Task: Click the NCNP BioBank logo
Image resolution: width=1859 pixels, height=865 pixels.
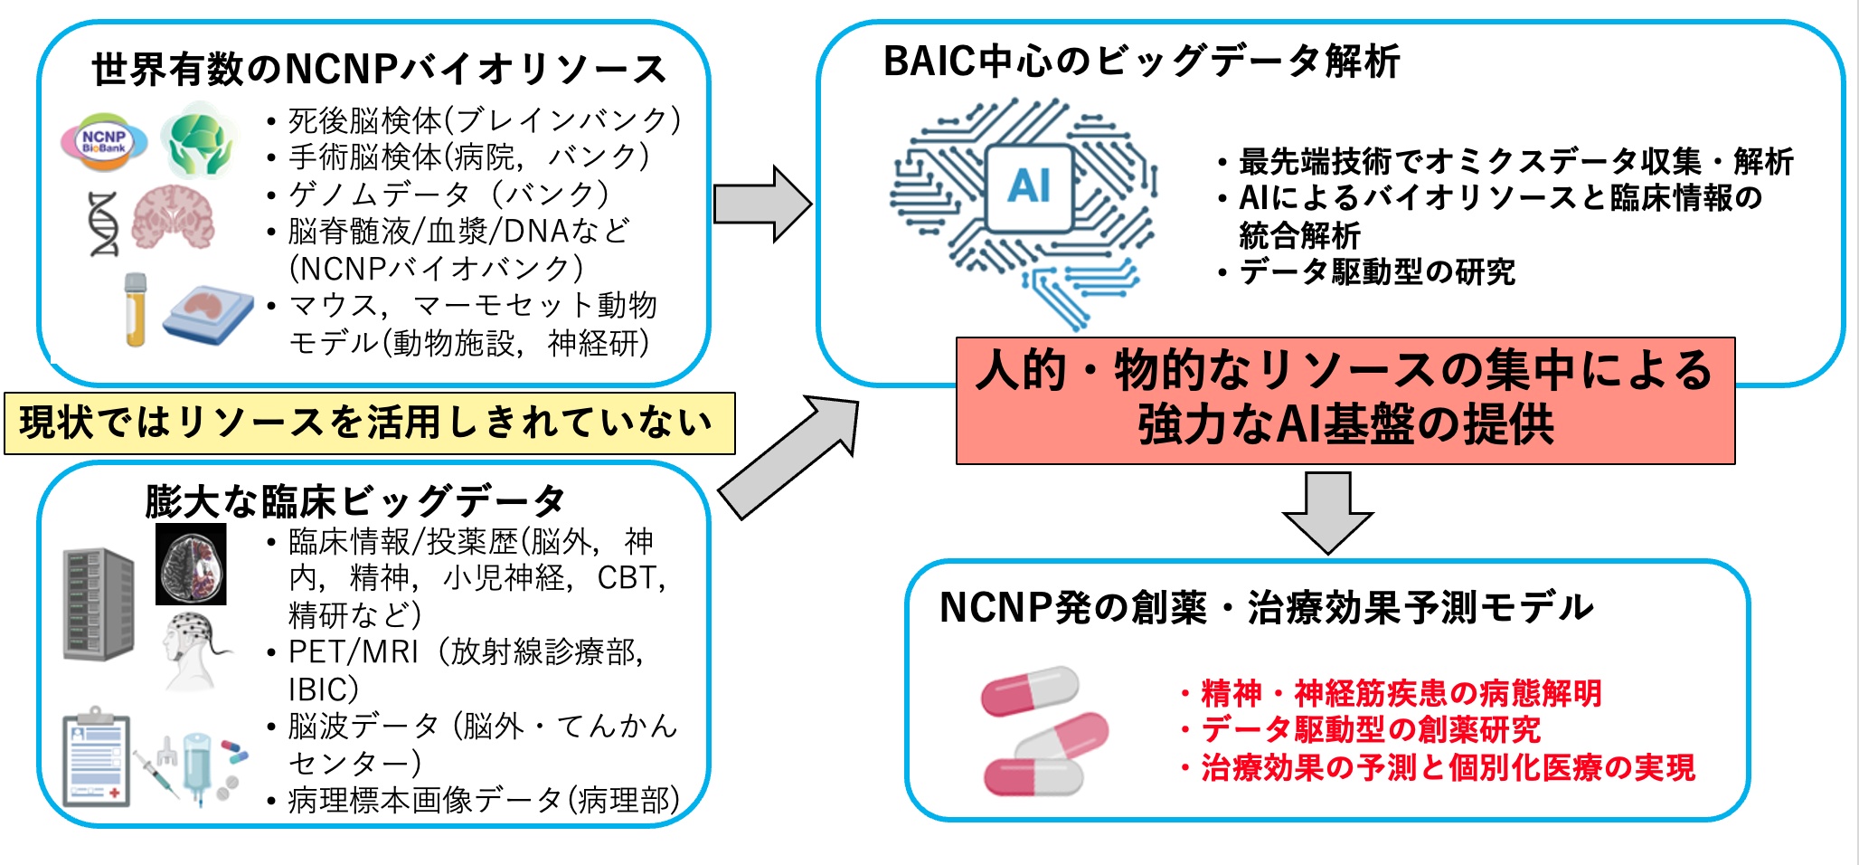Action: [103, 142]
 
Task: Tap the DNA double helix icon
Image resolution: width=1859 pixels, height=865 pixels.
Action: [104, 223]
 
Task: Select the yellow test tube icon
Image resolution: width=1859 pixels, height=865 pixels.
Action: [136, 309]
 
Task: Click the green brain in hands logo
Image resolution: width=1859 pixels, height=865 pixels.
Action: [199, 139]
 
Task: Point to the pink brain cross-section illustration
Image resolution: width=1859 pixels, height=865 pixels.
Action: [174, 217]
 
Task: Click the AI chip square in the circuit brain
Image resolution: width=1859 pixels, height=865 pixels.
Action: [1029, 186]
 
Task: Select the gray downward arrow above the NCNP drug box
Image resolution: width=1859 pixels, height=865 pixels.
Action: [1327, 511]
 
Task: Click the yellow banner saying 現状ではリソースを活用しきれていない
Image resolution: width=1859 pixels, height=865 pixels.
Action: [369, 423]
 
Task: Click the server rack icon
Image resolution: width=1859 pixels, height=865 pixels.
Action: [98, 604]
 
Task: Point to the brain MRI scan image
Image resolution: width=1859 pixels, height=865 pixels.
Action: [191, 564]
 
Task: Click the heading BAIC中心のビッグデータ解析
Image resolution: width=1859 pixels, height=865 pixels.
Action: [1141, 62]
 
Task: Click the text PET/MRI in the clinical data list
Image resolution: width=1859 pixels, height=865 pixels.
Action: [354, 651]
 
